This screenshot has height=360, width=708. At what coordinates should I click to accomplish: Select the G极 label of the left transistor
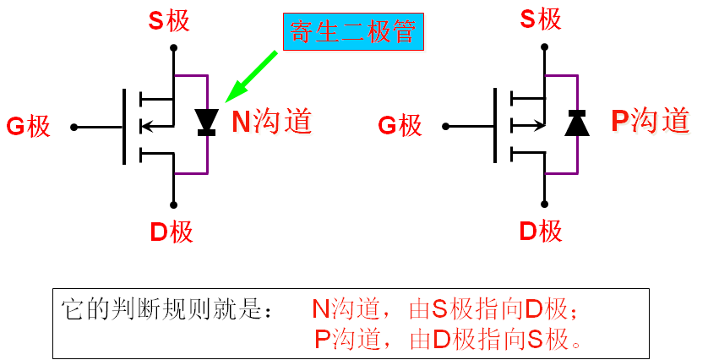29,128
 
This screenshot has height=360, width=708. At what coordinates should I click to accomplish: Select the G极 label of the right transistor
399,127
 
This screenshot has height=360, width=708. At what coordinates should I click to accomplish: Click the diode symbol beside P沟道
577,123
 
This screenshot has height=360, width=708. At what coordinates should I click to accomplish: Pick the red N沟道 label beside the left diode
272,122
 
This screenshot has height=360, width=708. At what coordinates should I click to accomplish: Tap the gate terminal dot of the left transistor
74,128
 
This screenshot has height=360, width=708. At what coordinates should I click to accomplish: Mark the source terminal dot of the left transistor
172,49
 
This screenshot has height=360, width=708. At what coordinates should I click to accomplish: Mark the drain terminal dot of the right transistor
545,204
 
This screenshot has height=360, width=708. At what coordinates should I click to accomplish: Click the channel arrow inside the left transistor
150,128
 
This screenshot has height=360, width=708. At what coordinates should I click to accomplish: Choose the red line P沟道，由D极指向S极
449,340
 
